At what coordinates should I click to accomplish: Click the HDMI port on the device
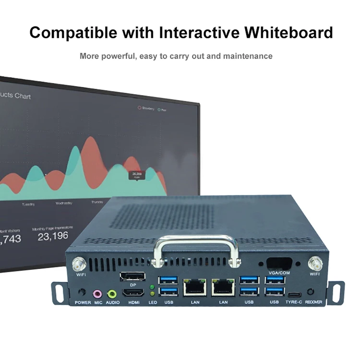coord(132,292)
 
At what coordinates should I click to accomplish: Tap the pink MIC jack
coord(97,292)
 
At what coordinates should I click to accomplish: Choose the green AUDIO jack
coord(112,292)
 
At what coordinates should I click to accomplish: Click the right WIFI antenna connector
coord(315,263)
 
